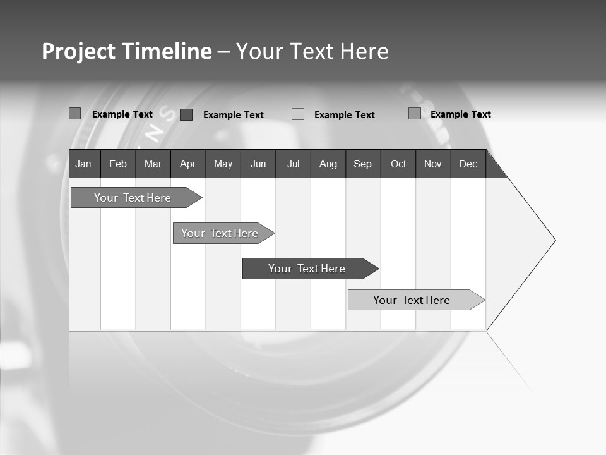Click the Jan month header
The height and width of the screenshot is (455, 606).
point(83,164)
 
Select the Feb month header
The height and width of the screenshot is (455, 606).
point(118,164)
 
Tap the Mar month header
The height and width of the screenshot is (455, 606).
point(153,164)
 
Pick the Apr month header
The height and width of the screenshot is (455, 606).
point(187,164)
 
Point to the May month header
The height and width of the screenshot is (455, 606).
point(223,164)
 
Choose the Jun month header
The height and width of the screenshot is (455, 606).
point(258,164)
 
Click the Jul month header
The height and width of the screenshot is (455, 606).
point(293,164)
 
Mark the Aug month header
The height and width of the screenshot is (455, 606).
point(328,164)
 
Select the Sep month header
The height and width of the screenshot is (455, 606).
point(363,164)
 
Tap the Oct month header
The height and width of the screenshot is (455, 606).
point(398,164)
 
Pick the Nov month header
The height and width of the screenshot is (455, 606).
point(433,164)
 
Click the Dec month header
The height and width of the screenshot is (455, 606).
point(468,164)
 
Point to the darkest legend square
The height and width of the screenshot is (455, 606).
point(186,114)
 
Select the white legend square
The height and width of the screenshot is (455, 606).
point(298,114)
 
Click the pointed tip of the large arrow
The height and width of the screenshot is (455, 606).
point(554,240)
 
